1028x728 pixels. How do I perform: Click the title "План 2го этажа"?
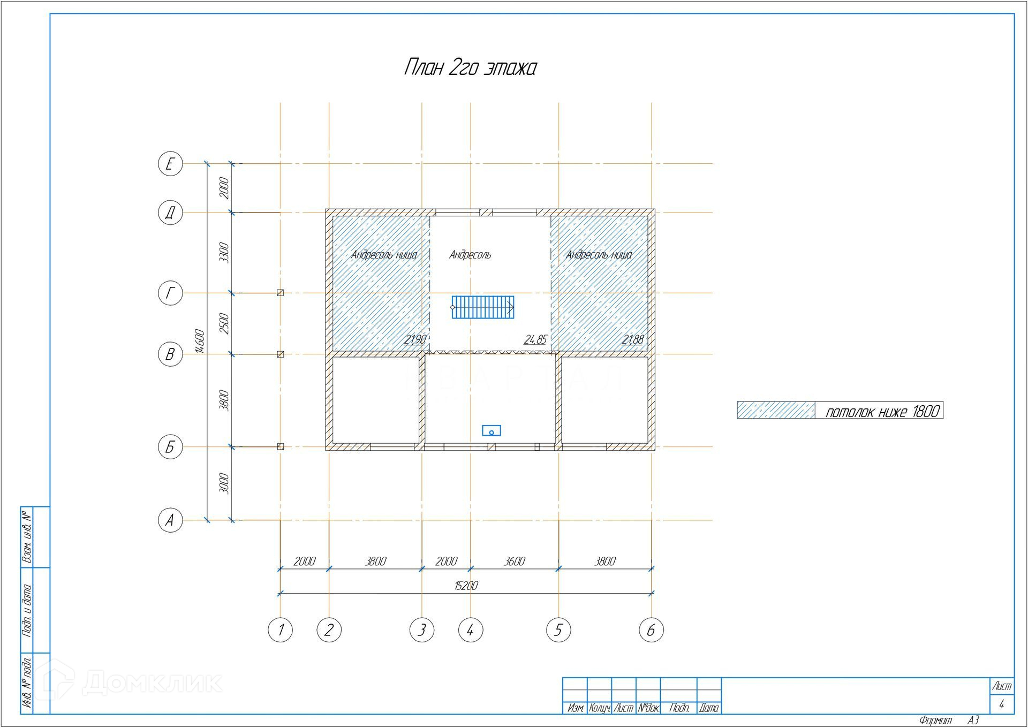tap(470, 68)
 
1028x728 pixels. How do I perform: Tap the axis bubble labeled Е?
tap(170, 163)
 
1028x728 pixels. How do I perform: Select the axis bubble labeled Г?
tap(170, 293)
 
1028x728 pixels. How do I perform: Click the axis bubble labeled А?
tap(170, 520)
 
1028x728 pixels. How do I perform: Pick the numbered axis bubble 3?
tap(422, 630)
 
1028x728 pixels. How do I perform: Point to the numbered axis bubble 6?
tap(651, 630)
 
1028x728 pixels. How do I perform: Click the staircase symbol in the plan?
tap(483, 307)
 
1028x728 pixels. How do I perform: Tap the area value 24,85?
tap(535, 339)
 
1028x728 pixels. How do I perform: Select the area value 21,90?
tap(415, 339)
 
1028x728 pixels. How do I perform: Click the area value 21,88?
tap(632, 339)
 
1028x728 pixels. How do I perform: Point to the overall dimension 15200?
tap(466, 586)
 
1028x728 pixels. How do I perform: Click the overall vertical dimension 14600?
tap(200, 341)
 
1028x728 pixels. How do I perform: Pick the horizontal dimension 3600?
tap(515, 561)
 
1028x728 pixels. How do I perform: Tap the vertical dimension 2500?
tap(224, 323)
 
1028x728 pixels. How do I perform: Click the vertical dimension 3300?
tap(224, 252)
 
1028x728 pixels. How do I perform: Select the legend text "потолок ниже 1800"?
tap(882, 411)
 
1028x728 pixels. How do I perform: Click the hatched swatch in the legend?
tap(776, 410)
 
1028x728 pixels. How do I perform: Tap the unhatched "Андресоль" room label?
tap(470, 255)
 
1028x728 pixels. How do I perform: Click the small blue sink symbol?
tap(491, 430)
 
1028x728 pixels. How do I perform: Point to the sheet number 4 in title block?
tap(1001, 704)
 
